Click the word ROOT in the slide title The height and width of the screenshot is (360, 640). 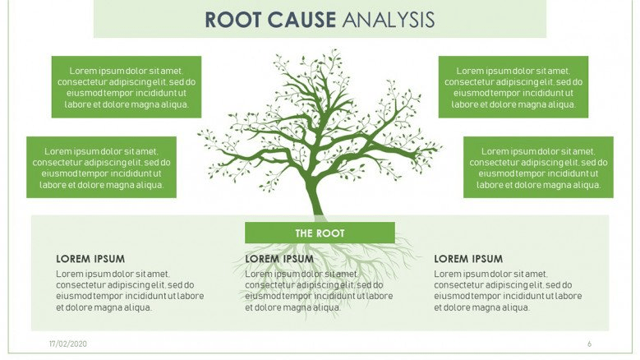[x=233, y=20]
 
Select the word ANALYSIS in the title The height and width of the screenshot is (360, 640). [x=388, y=20]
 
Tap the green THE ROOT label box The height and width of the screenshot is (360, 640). [x=320, y=233]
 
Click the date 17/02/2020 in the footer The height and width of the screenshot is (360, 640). [x=67, y=344]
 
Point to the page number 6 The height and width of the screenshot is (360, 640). [x=589, y=344]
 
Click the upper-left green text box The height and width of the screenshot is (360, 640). [x=127, y=87]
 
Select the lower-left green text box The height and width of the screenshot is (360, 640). [x=102, y=168]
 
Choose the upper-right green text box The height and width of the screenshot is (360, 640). [x=513, y=87]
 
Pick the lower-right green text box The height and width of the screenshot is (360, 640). [x=538, y=168]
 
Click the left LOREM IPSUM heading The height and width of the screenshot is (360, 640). [x=90, y=259]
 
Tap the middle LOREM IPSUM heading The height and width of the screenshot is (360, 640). [x=279, y=259]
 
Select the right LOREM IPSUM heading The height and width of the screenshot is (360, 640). [x=468, y=259]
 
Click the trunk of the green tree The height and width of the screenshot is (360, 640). [x=315, y=196]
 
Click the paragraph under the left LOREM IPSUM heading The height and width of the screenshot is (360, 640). [x=130, y=290]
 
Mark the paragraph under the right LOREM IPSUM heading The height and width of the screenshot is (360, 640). [x=508, y=290]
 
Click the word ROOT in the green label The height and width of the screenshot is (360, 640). [x=330, y=233]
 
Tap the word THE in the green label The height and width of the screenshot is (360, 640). [x=304, y=233]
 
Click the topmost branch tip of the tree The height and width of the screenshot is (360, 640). [x=335, y=50]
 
